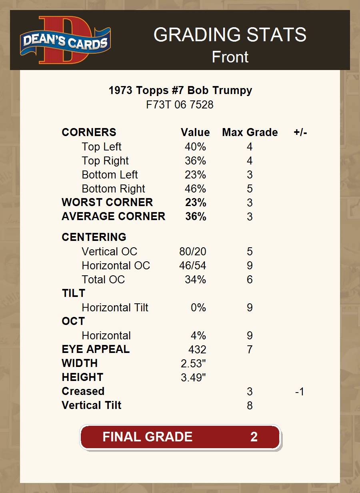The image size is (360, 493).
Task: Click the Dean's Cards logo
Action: (66, 40)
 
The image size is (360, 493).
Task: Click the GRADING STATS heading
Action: (230, 35)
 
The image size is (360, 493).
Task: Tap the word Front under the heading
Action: (230, 57)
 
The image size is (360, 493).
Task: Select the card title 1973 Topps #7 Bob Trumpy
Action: (180, 90)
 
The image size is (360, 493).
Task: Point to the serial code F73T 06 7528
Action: (180, 105)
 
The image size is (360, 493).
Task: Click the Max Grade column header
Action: (250, 132)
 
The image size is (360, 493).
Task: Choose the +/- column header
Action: (300, 132)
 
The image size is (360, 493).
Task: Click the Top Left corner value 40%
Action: (195, 147)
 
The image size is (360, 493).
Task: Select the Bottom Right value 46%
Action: (195, 189)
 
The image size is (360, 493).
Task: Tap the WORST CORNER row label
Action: (107, 202)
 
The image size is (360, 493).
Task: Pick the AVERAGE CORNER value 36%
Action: (196, 216)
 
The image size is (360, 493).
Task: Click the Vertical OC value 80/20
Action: (193, 252)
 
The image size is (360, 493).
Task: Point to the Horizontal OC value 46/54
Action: (193, 266)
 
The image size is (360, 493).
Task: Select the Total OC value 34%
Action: (195, 280)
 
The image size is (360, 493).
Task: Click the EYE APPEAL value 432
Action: (197, 350)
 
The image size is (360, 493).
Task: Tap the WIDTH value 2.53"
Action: (193, 364)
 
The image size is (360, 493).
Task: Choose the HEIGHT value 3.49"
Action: (193, 378)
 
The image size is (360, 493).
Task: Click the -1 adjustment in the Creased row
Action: (300, 392)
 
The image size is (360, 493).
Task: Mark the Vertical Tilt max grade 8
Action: (250, 406)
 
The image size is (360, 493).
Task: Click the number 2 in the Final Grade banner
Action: (254, 437)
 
